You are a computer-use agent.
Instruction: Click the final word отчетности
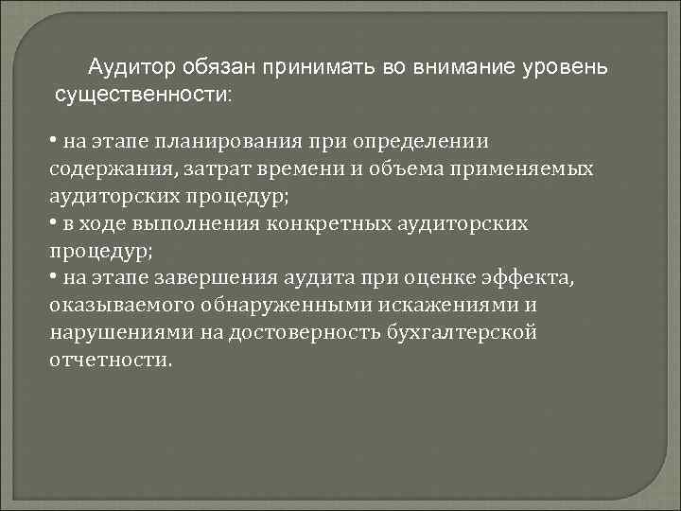(x=111, y=361)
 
